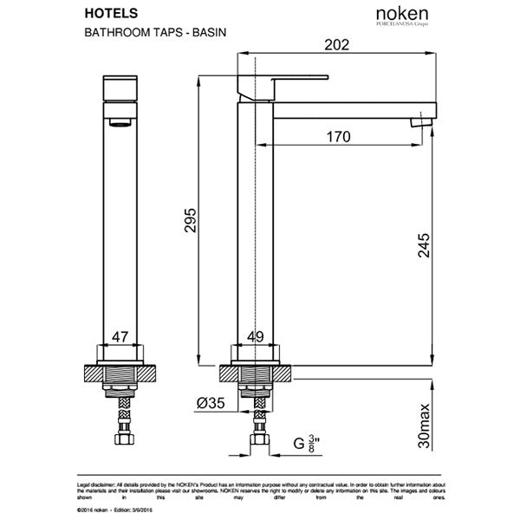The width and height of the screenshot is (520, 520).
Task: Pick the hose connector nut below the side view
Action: click(x=257, y=444)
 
